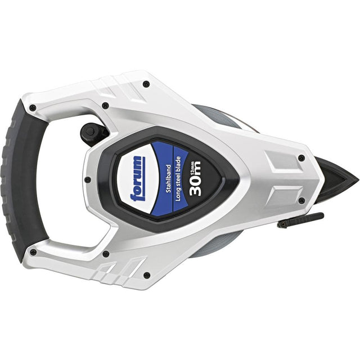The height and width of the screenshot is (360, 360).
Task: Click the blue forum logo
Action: pyautogui.click(x=138, y=179)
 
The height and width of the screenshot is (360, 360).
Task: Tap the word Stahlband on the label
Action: pyautogui.click(x=168, y=179)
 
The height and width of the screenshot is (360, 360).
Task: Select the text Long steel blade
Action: pyautogui.click(x=178, y=179)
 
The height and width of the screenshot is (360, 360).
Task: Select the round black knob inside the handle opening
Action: pyautogui.click(x=90, y=132)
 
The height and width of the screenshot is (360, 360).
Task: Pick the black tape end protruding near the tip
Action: pyautogui.click(x=300, y=220)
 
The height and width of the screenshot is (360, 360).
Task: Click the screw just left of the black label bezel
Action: pyautogui.click(x=88, y=179)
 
